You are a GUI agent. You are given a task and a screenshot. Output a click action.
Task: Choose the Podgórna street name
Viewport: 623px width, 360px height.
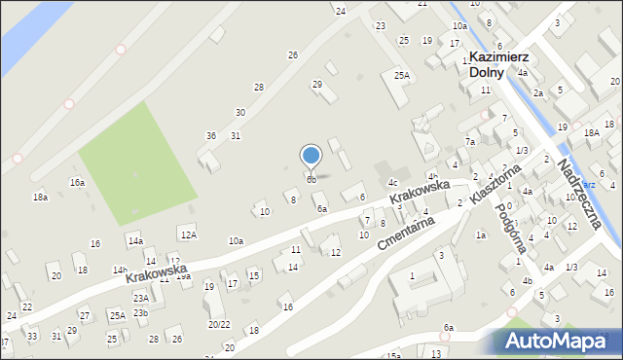[510, 229]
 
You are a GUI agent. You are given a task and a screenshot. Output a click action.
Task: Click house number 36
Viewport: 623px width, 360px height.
[210, 135]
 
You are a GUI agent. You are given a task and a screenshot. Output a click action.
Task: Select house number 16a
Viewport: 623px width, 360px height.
[77, 182]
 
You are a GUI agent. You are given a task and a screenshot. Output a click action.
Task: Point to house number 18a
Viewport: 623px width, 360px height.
[40, 197]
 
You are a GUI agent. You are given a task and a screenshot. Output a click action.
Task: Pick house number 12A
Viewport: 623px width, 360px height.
[188, 234]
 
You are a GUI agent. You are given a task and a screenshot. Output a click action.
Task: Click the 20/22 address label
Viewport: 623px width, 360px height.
[218, 324]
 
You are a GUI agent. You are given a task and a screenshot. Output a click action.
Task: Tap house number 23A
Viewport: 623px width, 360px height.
[141, 299]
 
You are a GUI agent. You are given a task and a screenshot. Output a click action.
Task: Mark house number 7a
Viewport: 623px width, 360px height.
[469, 142]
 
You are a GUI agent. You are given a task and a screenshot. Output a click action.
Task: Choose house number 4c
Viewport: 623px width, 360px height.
[393, 182]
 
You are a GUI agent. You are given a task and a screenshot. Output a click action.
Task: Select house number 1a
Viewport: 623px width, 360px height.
[480, 234]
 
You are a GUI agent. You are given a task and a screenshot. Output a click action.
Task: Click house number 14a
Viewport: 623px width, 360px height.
[135, 240]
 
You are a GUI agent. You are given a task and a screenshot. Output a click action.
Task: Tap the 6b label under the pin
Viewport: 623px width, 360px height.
[311, 179]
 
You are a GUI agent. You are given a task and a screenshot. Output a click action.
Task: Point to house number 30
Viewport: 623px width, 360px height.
[239, 113]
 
